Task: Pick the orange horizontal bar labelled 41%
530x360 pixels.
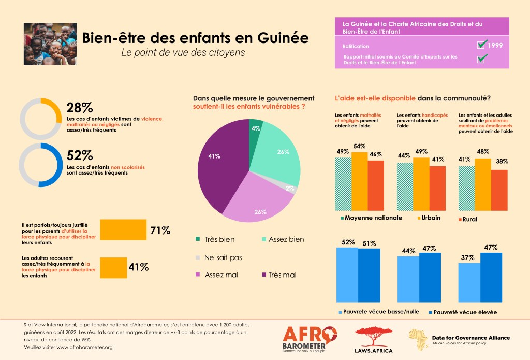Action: coord(113,267)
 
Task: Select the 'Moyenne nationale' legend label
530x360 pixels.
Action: coord(373,218)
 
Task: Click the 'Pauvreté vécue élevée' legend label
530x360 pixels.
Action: coord(463,312)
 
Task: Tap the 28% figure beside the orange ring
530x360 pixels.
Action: coord(79,107)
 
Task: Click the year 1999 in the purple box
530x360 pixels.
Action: coord(495,46)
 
